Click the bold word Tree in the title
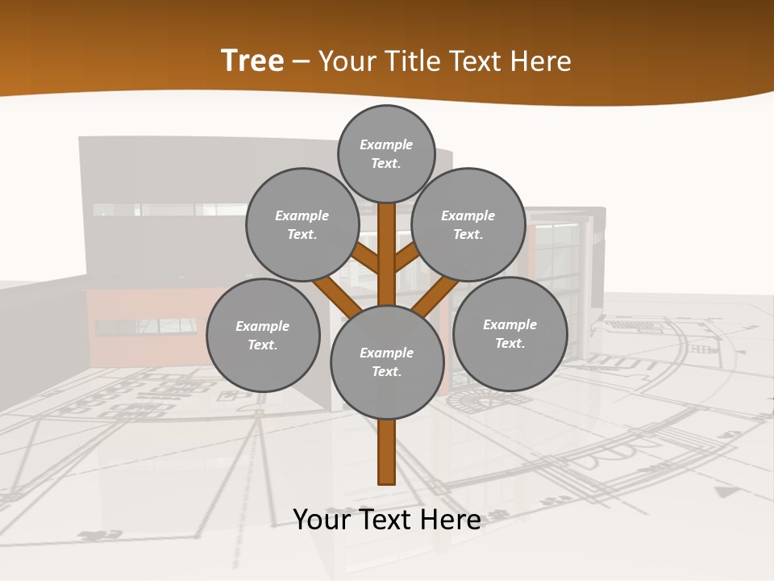[252, 61]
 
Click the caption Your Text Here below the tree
[387, 520]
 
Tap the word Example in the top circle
[386, 145]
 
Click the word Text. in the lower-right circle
[510, 344]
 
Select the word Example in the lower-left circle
[262, 327]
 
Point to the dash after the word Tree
[301, 62]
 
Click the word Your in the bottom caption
[322, 520]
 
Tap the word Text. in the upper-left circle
[302, 235]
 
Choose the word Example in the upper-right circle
[468, 216]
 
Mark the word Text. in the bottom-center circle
[386, 372]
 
